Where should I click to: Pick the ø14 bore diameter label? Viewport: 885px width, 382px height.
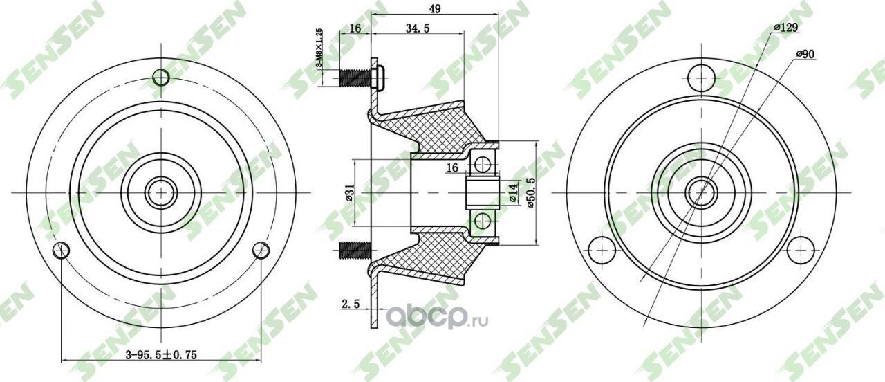point(513,193)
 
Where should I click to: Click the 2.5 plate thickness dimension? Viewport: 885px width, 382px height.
point(351,303)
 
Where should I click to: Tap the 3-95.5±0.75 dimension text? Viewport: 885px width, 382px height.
point(160,354)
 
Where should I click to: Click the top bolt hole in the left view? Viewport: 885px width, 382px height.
point(160,77)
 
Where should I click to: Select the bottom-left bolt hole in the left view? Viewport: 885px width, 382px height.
point(62,250)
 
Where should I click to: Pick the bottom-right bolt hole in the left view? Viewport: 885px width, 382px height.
point(260,250)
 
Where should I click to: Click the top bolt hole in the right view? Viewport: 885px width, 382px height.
point(701,77)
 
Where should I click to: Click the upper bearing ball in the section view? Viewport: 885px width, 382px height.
point(483,165)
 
